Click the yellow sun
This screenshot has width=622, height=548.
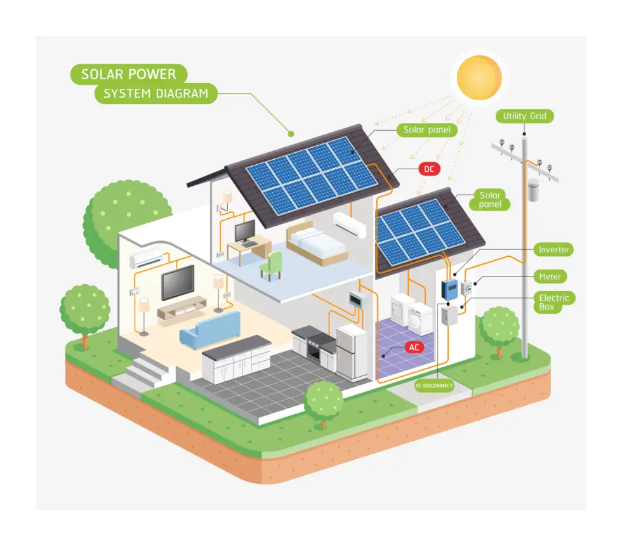click(479, 77)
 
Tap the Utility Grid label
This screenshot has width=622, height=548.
click(524, 116)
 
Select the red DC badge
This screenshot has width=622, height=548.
click(429, 169)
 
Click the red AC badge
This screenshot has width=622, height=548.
click(414, 348)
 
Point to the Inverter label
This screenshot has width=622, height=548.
click(553, 250)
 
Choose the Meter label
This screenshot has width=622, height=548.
click(550, 277)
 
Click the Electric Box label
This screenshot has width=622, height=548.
click(554, 302)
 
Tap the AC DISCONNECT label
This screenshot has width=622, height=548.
click(434, 385)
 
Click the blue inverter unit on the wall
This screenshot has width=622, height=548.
click(450, 290)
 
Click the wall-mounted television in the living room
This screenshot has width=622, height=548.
click(178, 282)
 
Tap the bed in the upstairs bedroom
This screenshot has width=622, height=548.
click(315, 245)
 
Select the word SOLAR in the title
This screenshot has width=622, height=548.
click(103, 74)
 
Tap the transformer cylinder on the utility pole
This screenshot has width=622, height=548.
click(533, 190)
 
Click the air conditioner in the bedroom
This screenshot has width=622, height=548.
click(350, 223)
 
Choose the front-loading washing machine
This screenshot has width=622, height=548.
click(419, 318)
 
